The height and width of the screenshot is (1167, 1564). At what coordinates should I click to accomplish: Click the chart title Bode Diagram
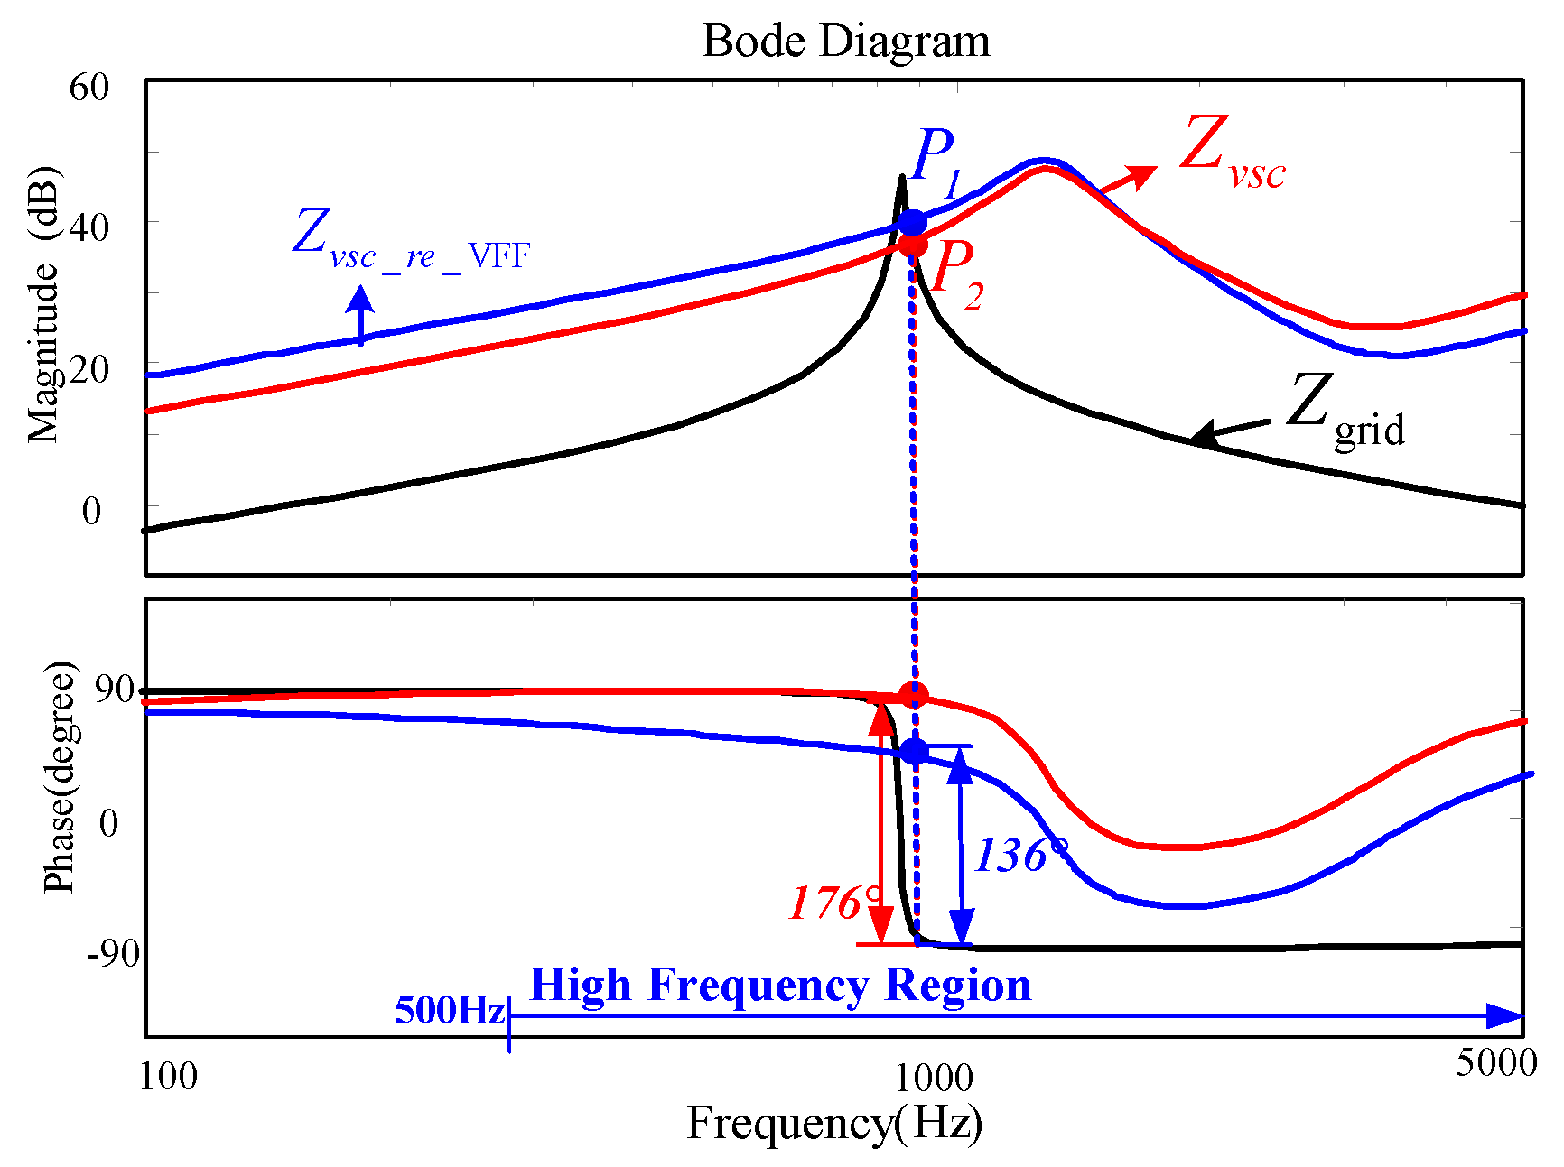click(x=845, y=42)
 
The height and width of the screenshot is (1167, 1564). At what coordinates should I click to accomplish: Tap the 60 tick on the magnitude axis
click(x=88, y=88)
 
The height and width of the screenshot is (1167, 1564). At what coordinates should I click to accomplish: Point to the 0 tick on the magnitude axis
click(x=91, y=511)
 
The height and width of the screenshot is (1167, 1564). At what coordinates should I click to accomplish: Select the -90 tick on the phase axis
click(x=113, y=952)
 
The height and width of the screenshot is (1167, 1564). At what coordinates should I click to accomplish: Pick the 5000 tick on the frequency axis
click(x=1495, y=1064)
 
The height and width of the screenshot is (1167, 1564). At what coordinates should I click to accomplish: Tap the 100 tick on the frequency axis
click(x=168, y=1077)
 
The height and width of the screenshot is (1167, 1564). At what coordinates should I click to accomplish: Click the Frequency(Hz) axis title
click(x=834, y=1124)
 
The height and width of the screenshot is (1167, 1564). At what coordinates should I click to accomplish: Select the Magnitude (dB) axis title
click(x=43, y=305)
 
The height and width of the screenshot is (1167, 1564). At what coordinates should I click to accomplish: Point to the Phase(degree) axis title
click(x=60, y=776)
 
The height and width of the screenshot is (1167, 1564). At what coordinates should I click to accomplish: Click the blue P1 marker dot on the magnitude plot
click(x=912, y=223)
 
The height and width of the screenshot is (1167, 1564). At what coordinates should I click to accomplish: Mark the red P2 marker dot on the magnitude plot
click(x=913, y=244)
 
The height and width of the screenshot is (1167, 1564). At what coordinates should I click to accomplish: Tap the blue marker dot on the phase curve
click(x=915, y=751)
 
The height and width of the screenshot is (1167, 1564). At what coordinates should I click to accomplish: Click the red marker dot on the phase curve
click(x=914, y=696)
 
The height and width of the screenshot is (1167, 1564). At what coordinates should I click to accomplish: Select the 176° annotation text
click(x=833, y=903)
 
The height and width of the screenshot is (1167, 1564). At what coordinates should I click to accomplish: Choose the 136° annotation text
click(x=1020, y=855)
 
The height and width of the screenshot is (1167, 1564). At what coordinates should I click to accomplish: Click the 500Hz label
click(x=449, y=1010)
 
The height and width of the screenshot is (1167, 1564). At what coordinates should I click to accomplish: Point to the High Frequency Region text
click(x=780, y=985)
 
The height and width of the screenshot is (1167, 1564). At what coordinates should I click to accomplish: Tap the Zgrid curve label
click(x=1345, y=412)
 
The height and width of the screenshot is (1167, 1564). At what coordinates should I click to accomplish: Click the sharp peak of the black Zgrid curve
click(x=901, y=178)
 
